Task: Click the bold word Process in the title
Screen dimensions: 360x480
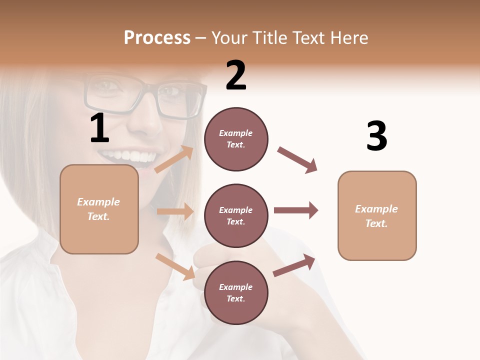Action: [x=157, y=38]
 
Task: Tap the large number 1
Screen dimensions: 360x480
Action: [x=99, y=128]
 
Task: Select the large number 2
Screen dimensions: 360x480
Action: [x=236, y=75]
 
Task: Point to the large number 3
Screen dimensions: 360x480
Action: [x=376, y=136]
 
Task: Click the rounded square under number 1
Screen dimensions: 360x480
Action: [x=99, y=209]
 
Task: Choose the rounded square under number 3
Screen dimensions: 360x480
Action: [x=377, y=215]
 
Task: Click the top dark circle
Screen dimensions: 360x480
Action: [x=236, y=139]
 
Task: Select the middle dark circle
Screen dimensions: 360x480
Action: [x=236, y=215]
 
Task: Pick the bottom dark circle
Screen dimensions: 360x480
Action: [x=236, y=292]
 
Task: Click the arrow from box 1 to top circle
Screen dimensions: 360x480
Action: [x=174, y=159]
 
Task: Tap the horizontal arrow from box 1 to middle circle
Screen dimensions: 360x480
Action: [x=175, y=211]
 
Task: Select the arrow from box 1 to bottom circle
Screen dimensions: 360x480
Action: [x=175, y=266]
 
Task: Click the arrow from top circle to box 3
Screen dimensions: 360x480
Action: [x=297, y=160]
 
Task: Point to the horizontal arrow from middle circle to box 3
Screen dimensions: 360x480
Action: [x=295, y=210]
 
